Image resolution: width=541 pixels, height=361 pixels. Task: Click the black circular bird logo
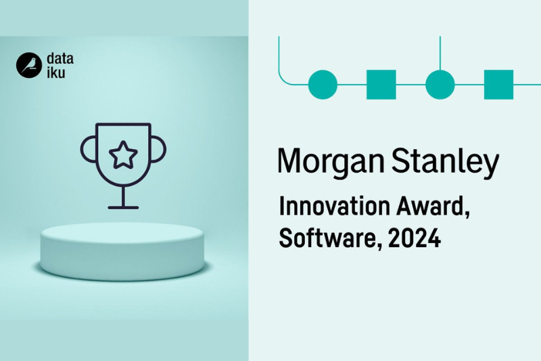coord(29,65)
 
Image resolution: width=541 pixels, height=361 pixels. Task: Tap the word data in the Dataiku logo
coord(60,58)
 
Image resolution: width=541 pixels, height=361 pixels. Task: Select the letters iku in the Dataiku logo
coord(56,72)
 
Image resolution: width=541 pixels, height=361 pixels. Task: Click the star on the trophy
coord(123,155)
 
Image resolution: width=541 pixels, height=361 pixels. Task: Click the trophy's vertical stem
coord(123,196)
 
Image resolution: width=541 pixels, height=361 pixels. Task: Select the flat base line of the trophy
coord(123,208)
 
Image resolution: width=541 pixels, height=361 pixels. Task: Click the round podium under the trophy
coord(122,251)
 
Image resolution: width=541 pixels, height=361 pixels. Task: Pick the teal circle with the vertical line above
coord(440,85)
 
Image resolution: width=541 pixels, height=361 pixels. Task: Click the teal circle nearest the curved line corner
coord(323,85)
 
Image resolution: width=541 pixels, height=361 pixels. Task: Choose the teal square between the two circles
coord(381,85)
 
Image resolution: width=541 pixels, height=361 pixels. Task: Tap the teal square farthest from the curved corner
coord(498,85)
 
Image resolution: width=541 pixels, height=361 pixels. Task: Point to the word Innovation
coord(335,206)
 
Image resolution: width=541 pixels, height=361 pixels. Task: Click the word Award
coord(433,207)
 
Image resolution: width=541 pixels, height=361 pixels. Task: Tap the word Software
coord(331,238)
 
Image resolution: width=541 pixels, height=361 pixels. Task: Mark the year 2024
coord(415,238)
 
